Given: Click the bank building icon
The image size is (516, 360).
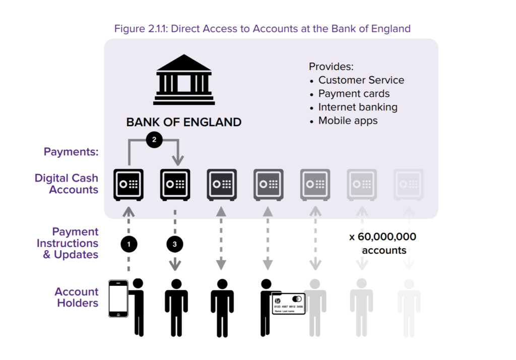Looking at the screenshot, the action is [x=184, y=80].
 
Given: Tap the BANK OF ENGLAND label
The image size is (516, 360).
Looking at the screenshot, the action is [x=184, y=122].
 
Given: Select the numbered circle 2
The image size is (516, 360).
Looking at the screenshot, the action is [x=154, y=140].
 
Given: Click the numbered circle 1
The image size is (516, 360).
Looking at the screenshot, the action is [x=128, y=244].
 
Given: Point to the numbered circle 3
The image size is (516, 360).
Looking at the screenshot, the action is [x=175, y=244].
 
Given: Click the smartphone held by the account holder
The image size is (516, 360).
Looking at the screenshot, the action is [x=118, y=298].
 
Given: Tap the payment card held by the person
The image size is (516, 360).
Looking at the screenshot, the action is [x=289, y=304].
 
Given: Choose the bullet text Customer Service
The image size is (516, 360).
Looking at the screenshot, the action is [x=361, y=80].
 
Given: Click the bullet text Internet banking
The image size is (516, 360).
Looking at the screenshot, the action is [x=358, y=107].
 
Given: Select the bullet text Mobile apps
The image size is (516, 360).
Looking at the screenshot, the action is [x=348, y=121].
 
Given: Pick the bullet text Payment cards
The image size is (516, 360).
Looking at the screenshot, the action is [x=354, y=94].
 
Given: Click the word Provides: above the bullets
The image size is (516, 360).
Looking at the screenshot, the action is [x=331, y=67].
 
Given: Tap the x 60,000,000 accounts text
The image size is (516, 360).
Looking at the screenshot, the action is [x=383, y=244].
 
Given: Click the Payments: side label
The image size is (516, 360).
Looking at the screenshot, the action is [x=71, y=151].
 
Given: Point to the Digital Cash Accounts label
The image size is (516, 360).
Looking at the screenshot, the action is [x=67, y=184].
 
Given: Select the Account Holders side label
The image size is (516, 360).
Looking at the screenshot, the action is [x=77, y=297].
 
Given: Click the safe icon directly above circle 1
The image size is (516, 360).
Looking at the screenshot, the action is [x=128, y=185].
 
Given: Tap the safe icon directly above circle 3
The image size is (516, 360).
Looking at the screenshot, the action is [x=175, y=185].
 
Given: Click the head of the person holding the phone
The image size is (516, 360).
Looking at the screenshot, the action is [x=138, y=283].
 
